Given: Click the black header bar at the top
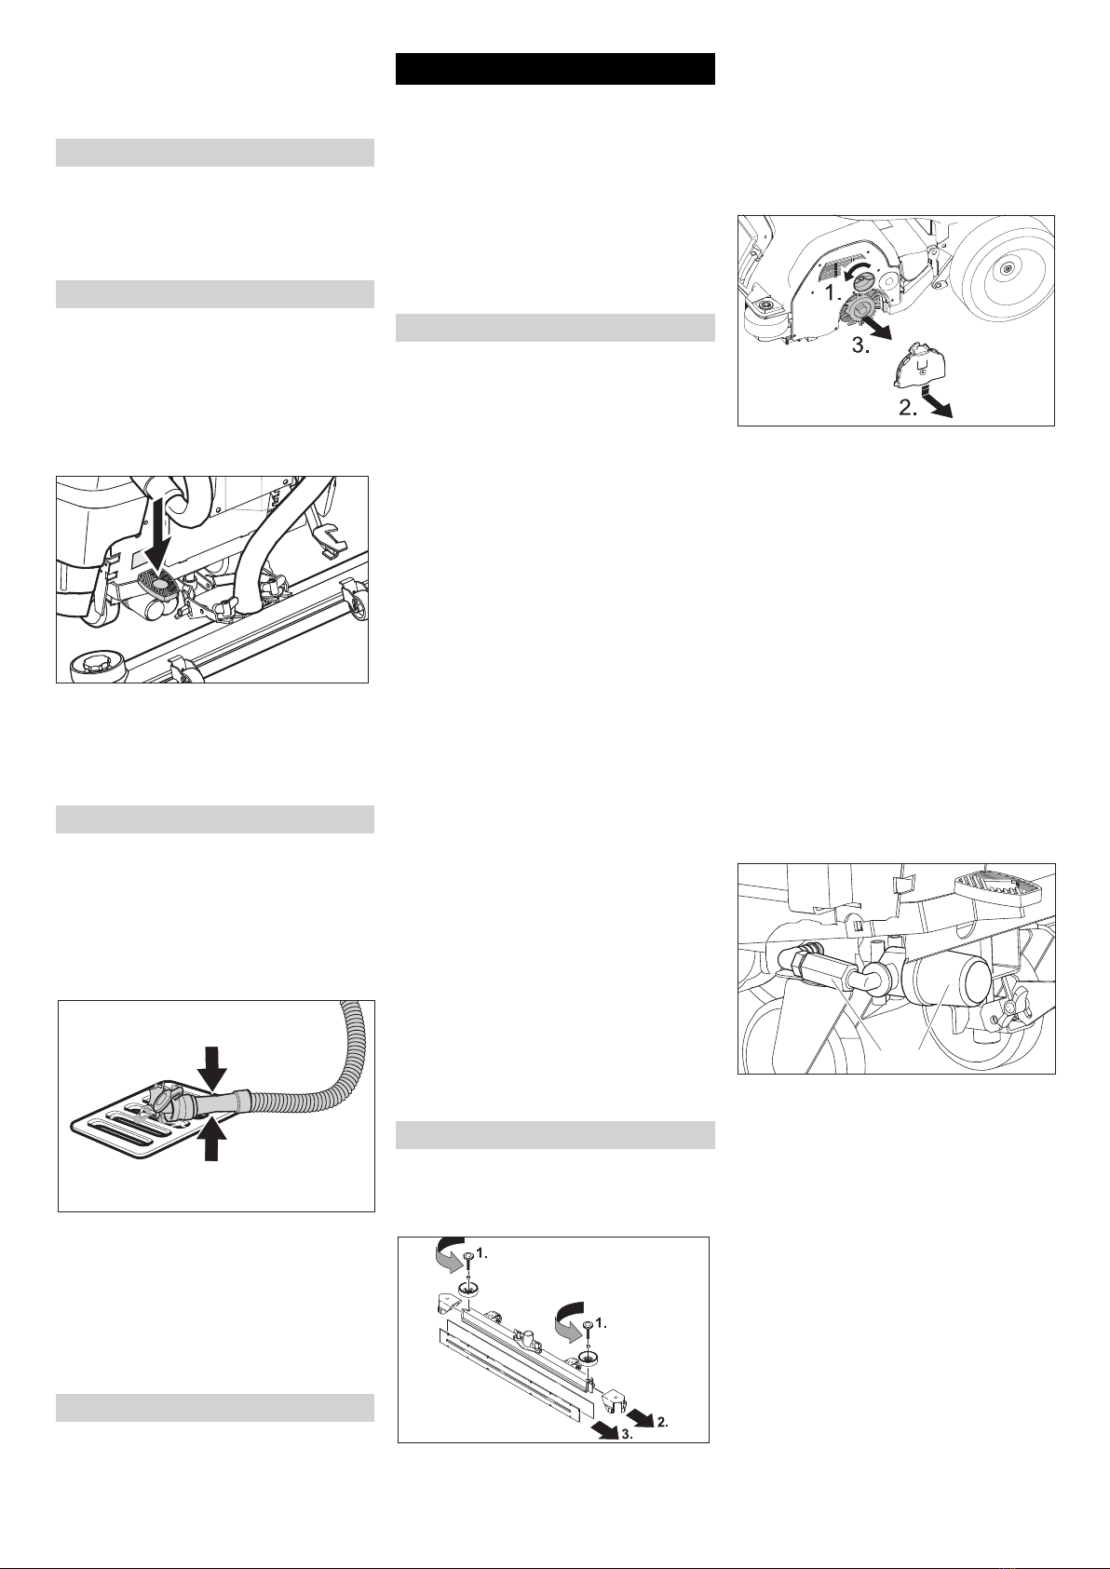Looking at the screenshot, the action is (x=555, y=69).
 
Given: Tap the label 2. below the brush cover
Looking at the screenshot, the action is (x=908, y=409).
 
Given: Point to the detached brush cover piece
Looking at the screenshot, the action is (x=916, y=365).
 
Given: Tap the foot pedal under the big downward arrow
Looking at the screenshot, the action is (x=159, y=580).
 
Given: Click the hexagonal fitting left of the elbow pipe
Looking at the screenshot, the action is (x=822, y=973).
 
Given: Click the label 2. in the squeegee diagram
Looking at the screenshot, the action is (x=662, y=1422).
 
